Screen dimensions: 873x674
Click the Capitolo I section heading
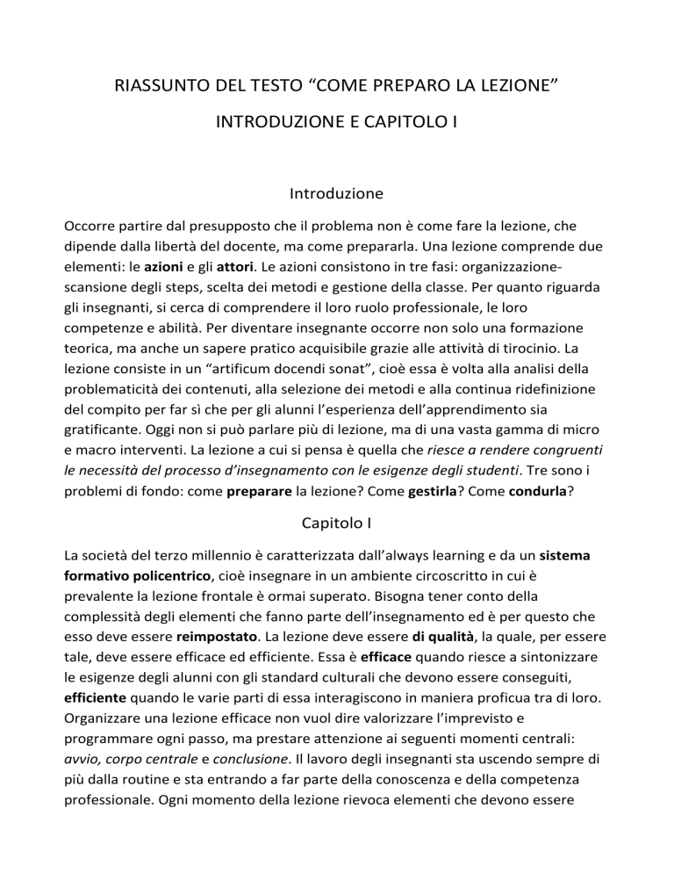337,523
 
